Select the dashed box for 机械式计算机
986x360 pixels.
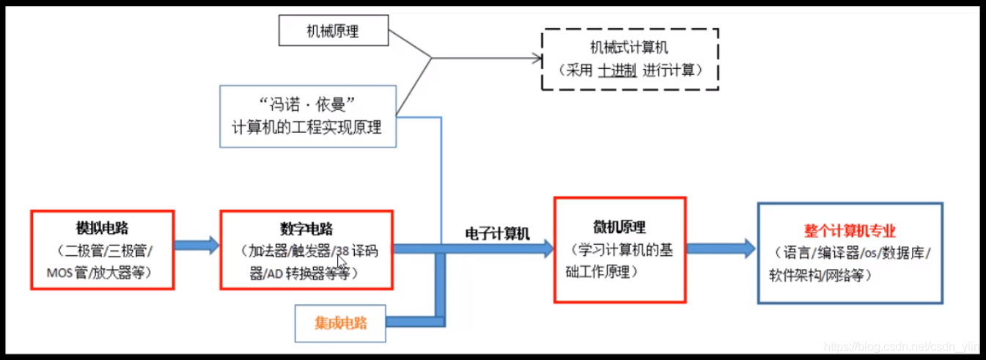coord(630,59)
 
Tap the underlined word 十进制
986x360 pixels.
coord(617,70)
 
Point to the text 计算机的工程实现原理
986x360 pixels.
coord(307,126)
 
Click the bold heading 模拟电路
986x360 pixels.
coord(102,227)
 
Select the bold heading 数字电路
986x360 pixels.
coord(306,228)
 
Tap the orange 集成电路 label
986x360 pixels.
coord(340,323)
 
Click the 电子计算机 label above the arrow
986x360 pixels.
coord(497,232)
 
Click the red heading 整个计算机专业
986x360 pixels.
coord(850,231)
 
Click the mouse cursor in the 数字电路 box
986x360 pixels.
coord(341,262)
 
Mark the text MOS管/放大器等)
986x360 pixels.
coord(102,271)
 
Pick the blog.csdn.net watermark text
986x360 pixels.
coord(901,344)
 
